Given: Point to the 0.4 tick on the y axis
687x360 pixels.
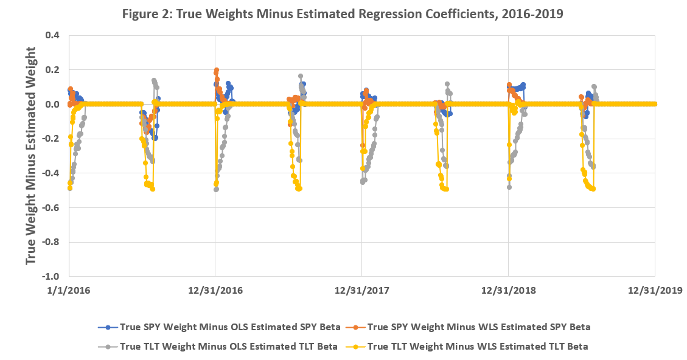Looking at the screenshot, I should tap(52, 35).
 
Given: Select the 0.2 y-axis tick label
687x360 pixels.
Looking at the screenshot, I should tap(52, 70).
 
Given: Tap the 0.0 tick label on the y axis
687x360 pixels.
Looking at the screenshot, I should tap(52, 104).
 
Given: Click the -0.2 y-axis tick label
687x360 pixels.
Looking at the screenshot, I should tap(50, 139).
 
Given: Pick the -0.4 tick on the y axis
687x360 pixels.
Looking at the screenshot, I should tap(50, 173).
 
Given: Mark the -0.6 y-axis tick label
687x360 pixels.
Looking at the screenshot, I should tap(50, 207).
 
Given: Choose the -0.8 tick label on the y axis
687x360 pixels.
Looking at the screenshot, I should tap(50, 242).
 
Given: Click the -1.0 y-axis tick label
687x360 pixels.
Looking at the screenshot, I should tap(50, 276).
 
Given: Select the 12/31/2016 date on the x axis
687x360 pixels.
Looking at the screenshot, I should tap(215, 291).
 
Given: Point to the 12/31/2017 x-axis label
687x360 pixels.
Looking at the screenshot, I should tap(361, 291).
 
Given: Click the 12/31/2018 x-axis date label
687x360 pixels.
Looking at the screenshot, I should tap(508, 291).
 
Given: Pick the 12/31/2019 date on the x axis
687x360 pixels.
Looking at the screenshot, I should tap(655, 291).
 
